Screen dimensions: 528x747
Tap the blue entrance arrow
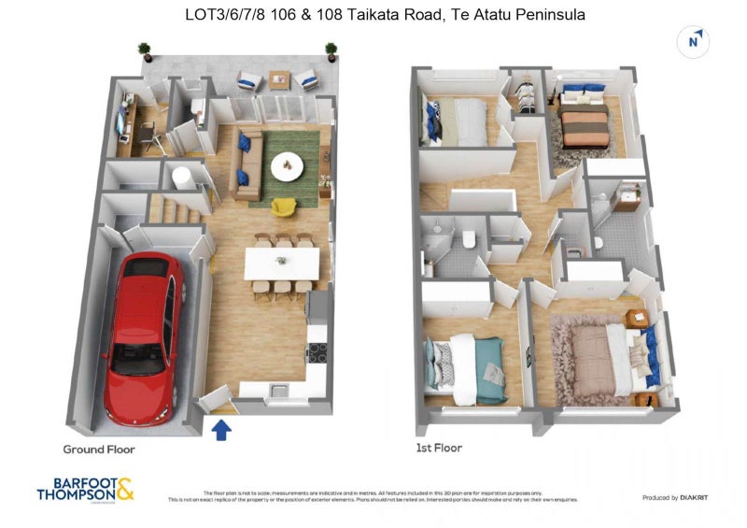(x=221, y=429)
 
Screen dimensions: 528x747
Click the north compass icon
(x=693, y=40)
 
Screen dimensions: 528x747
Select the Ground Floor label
(x=99, y=450)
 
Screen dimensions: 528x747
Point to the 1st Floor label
(x=439, y=448)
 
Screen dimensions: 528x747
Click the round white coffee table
(x=287, y=166)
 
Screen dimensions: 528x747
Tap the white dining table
(x=281, y=263)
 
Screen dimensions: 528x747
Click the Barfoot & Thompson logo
(x=85, y=491)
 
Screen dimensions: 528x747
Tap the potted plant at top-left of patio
(x=144, y=49)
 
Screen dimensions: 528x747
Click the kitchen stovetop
(x=317, y=352)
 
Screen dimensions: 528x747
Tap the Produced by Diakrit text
(x=675, y=497)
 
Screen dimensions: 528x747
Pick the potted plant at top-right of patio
(x=331, y=49)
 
